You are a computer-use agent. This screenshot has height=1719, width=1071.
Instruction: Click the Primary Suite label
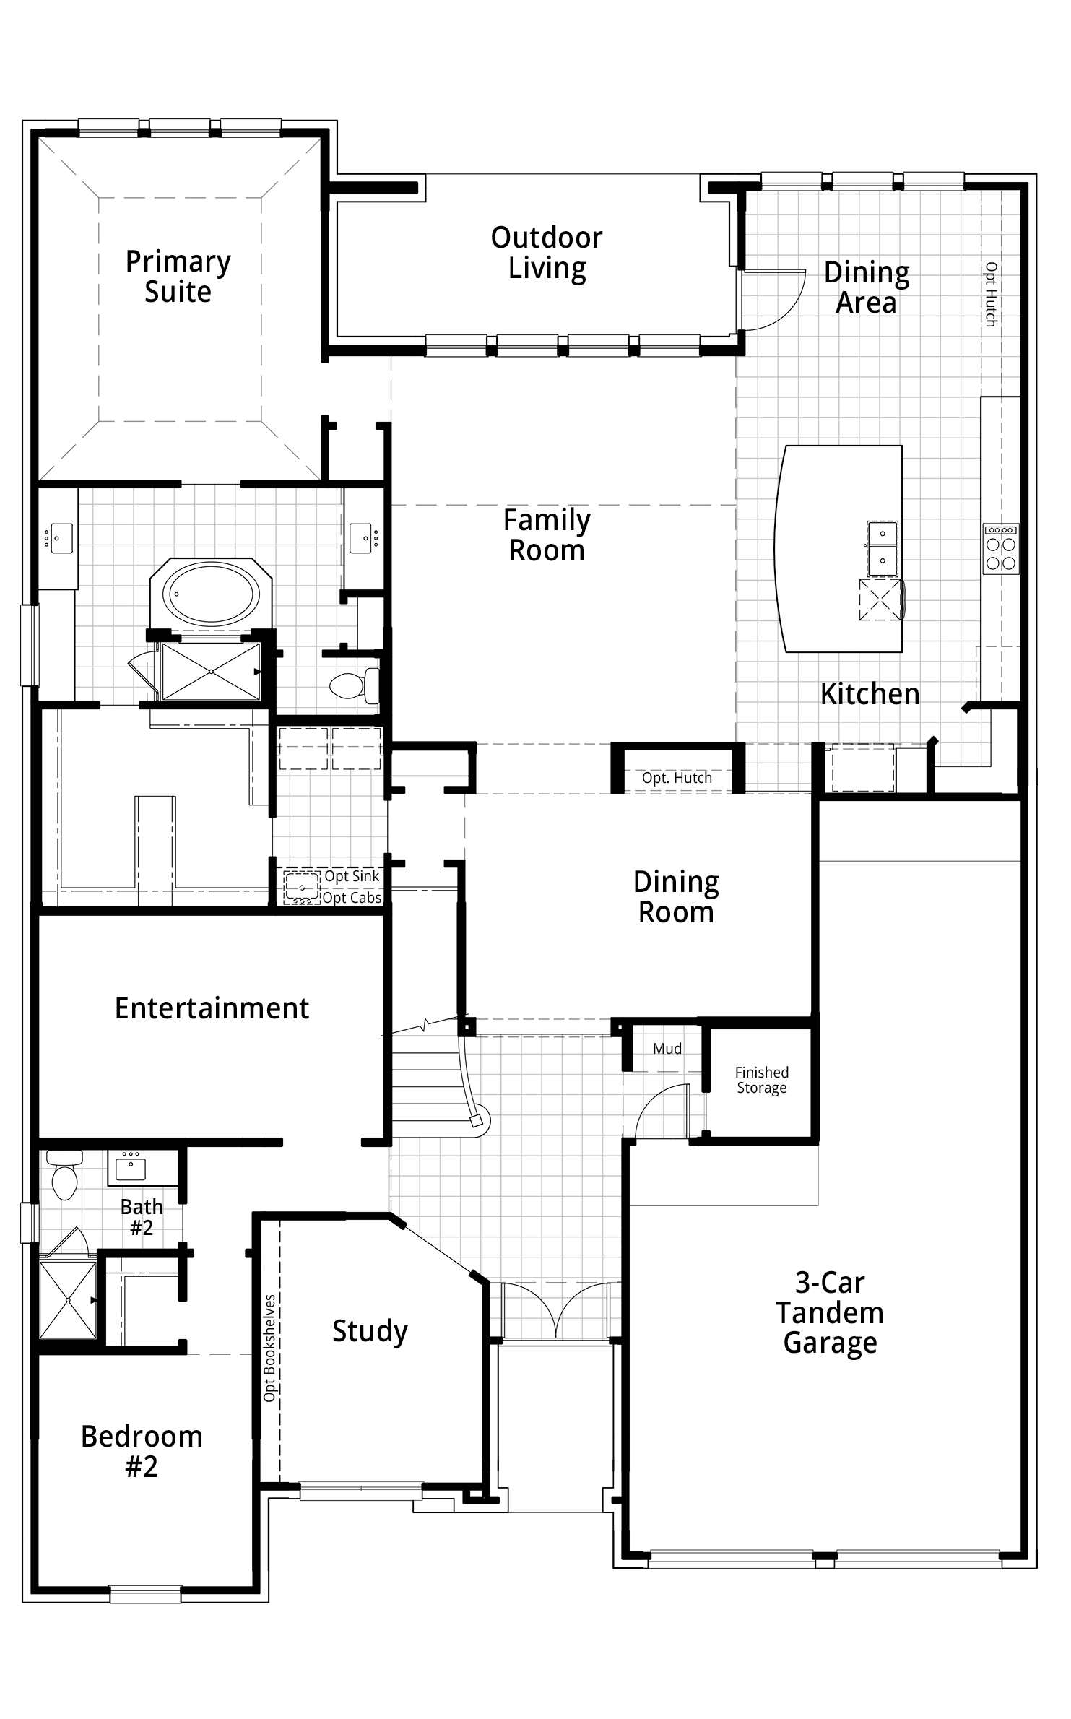[178, 277]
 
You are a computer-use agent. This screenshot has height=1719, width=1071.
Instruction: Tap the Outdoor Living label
[547, 253]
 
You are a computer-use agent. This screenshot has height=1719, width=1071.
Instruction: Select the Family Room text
[547, 535]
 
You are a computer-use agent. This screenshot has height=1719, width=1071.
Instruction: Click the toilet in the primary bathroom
[355, 685]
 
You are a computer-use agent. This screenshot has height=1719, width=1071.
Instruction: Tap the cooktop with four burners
[1001, 550]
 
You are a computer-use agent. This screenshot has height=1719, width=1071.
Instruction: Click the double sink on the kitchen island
[883, 549]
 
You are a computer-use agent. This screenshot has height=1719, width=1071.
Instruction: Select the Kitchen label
[870, 694]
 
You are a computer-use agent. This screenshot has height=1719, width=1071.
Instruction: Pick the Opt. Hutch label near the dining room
[677, 778]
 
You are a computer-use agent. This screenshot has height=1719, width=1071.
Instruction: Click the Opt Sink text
[352, 876]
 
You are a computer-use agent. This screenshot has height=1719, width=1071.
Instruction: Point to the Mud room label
[667, 1049]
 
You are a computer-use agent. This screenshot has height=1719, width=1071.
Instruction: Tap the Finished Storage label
[762, 1081]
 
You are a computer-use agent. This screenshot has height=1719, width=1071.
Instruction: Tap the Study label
[370, 1331]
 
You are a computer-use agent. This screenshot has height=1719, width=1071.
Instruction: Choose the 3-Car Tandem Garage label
[830, 1312]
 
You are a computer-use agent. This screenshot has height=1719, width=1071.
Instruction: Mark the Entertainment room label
[212, 1008]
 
